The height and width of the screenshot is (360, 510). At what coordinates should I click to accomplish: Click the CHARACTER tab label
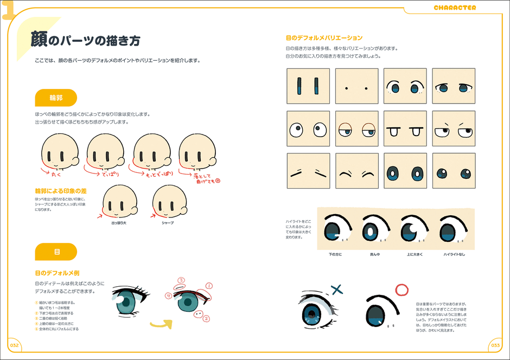455,8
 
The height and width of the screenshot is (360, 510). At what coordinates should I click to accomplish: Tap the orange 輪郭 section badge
56,98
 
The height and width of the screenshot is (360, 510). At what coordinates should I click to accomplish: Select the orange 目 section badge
56,252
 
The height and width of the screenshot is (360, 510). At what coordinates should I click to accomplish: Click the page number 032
14,345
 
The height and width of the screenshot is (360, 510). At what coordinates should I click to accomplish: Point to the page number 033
495,345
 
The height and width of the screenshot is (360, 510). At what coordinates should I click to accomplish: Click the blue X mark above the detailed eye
336,290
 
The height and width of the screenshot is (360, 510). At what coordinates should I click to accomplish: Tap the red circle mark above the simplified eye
401,290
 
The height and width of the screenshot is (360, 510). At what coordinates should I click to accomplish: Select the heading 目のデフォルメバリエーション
324,38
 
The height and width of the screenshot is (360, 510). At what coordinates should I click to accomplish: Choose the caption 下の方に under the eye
335,254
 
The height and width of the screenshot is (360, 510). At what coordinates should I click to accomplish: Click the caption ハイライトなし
454,254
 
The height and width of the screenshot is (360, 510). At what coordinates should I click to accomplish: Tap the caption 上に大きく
414,254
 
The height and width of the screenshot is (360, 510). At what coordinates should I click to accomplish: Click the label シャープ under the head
168,222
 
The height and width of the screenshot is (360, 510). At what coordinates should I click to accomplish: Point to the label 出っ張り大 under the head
119,222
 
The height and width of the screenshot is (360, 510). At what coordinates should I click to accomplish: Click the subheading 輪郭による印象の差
61,191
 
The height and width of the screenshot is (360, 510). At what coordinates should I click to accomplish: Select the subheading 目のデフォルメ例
58,273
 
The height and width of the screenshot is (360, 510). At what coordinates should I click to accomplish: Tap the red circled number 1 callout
209,286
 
